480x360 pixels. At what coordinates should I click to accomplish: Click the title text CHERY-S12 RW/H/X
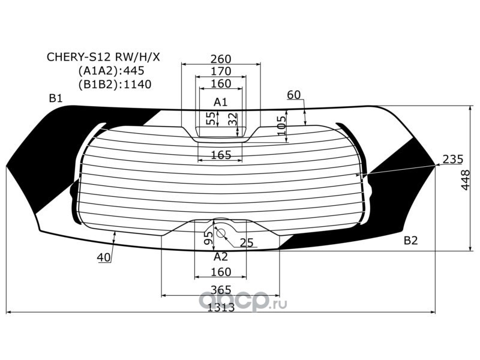[103, 57]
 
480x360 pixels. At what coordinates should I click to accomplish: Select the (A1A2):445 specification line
[111, 71]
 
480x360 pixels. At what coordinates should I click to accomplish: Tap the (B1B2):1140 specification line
[115, 85]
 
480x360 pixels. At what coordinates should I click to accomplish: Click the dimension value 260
[221, 59]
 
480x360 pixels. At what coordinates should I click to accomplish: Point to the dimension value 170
[221, 71]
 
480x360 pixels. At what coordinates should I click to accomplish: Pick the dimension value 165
[221, 155]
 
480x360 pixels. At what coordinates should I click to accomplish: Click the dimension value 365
[221, 290]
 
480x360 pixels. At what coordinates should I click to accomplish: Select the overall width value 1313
[221, 307]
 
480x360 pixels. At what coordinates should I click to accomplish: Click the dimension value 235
[453, 159]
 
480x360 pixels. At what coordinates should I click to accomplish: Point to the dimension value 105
[281, 125]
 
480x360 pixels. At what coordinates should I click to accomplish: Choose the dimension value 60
[294, 95]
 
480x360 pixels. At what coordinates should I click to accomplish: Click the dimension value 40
[104, 257]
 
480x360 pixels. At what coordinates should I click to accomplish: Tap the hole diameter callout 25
[247, 243]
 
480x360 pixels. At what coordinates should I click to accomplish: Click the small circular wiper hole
[220, 233]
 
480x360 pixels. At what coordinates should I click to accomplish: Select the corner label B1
[56, 98]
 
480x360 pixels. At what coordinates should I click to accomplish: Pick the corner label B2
[411, 241]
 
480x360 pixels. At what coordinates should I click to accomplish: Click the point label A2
[221, 257]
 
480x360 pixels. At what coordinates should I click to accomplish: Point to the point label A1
[221, 102]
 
